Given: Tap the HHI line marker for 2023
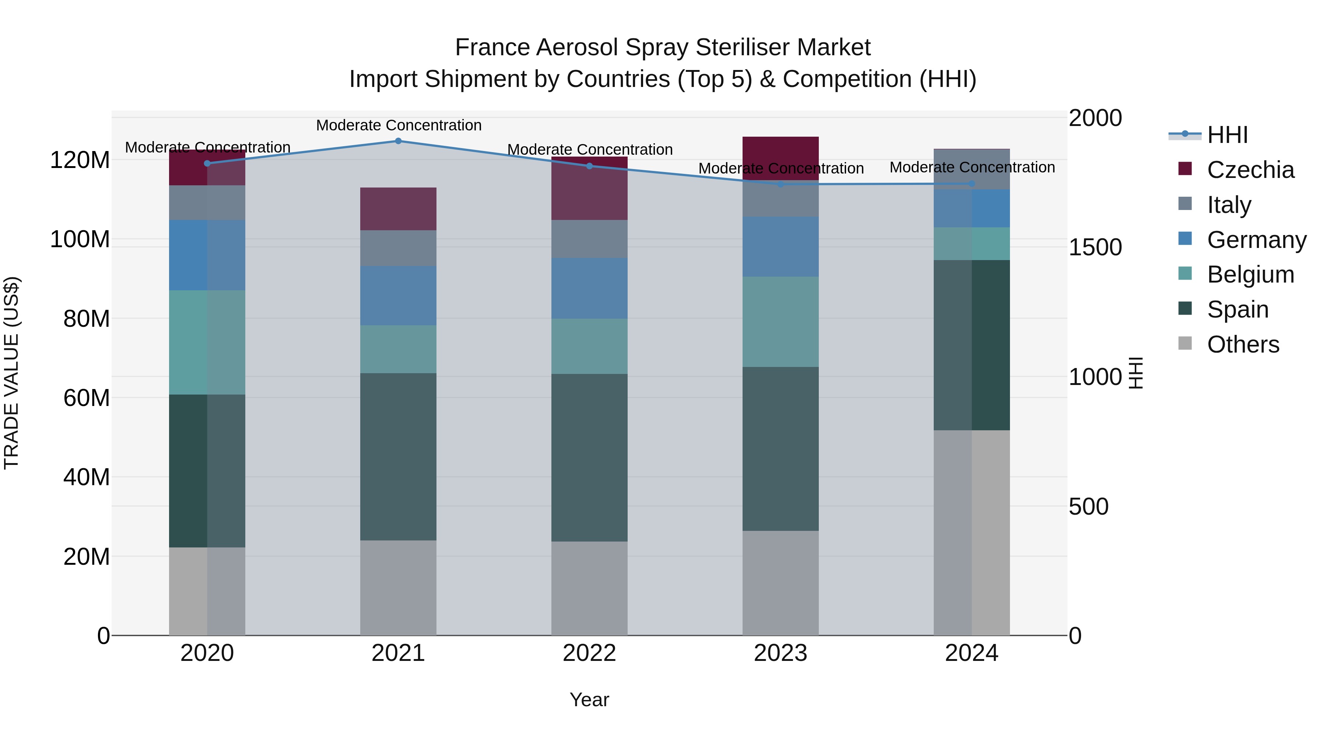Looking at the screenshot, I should pos(780,184).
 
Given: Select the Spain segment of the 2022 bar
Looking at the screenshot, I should pos(589,458).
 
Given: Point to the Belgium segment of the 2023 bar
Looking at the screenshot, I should pos(780,322).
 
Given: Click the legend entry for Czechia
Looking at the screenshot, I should pos(1250,170).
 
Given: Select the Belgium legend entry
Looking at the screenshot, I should pos(1250,274).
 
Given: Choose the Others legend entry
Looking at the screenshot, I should pos(1243,344).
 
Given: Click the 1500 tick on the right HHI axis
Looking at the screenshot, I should pos(1095,247).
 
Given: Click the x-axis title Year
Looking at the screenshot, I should pos(589,700).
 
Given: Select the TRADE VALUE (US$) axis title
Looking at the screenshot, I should pos(11,373).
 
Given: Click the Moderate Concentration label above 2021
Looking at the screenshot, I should pos(399,125).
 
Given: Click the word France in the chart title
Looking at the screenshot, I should pos(492,48).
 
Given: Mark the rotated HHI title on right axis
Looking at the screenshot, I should pos(1135,373).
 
